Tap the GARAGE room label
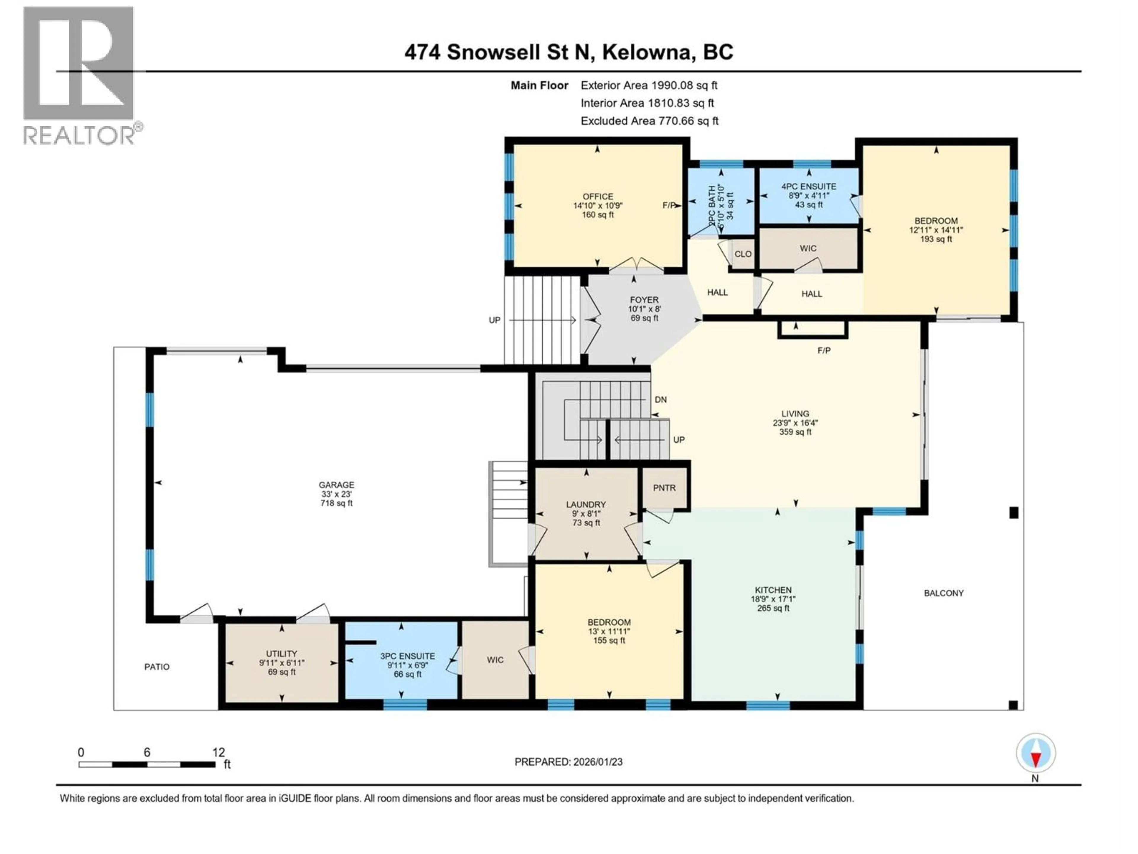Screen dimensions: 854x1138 pyautogui.click(x=336, y=485)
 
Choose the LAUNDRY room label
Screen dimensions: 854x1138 pyautogui.click(x=586, y=504)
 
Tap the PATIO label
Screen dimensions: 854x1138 pyautogui.click(x=157, y=667)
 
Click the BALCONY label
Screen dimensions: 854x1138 pyautogui.click(x=944, y=593)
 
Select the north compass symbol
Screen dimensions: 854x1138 pyautogui.click(x=1036, y=753)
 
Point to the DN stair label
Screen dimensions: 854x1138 pyautogui.click(x=661, y=399)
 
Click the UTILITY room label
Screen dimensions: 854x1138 pyautogui.click(x=282, y=653)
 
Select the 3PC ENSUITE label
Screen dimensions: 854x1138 pyautogui.click(x=407, y=656)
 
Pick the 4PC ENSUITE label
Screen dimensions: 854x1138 pyautogui.click(x=809, y=186)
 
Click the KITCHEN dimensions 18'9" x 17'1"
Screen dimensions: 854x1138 pyautogui.click(x=773, y=599)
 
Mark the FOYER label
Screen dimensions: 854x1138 pyautogui.click(x=644, y=299)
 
